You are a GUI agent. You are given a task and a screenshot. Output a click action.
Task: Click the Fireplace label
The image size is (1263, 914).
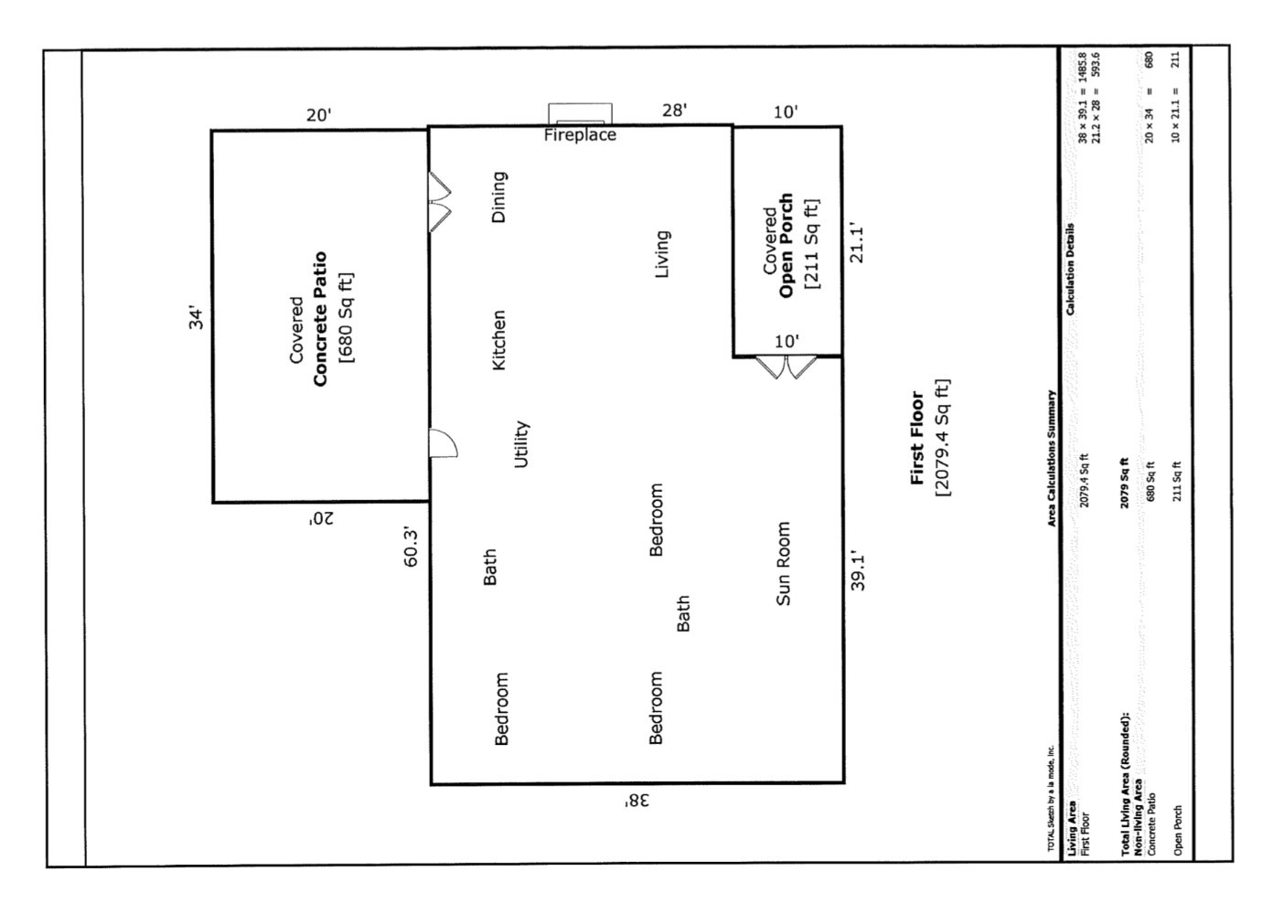coord(580,135)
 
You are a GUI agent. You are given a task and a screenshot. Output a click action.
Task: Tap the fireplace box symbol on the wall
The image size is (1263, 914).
coord(580,114)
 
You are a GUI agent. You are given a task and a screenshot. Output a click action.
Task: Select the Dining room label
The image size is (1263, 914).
coord(498,197)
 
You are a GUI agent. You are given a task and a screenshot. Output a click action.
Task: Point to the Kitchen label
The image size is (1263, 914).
coord(498,340)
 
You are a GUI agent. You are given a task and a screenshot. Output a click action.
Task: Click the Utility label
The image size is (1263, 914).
coord(521,444)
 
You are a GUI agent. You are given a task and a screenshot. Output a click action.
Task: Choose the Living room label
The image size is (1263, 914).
coord(662,253)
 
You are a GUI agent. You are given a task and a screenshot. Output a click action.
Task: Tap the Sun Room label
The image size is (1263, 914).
coord(783,563)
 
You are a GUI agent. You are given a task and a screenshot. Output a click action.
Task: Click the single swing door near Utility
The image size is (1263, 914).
coord(443,443)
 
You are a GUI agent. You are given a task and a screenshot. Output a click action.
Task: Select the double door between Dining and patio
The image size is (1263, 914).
coord(440,202)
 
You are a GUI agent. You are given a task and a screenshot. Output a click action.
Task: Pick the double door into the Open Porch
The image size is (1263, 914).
coord(786,367)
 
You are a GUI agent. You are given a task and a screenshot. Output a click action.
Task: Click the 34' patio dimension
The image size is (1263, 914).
coord(196,318)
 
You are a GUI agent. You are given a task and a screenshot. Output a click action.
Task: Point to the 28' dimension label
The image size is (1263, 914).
coord(674,111)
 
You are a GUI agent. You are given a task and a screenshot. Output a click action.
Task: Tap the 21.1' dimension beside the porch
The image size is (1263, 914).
coord(857,242)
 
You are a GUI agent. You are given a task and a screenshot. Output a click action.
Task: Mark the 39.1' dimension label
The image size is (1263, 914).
coord(858,570)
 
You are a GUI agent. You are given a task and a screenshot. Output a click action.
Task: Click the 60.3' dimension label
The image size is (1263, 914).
coord(412,547)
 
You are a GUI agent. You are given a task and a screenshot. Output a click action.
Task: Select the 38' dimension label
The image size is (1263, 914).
coord(637,801)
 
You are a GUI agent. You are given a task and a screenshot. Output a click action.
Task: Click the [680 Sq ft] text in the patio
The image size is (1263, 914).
coord(346,318)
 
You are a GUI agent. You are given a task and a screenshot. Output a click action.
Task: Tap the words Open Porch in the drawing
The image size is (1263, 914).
coord(786,246)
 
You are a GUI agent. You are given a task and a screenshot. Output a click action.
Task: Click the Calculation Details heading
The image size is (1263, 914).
coord(1070,270)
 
